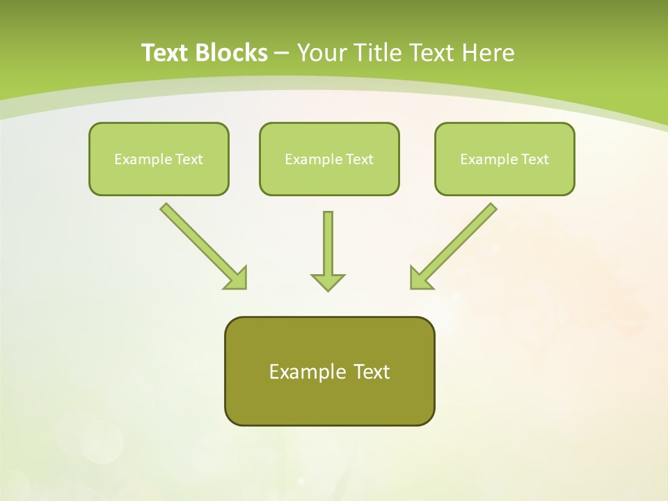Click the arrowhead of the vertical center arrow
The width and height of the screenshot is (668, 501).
coord(328,282)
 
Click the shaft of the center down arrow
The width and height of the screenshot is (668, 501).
coord(328,240)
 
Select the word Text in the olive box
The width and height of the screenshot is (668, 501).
coord(372,372)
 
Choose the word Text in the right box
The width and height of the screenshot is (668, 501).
coord(535,159)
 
